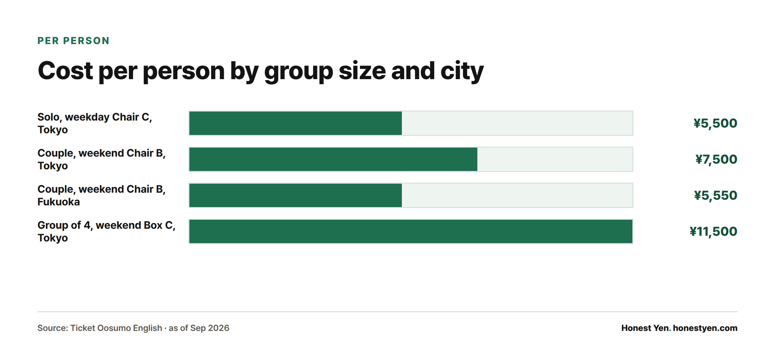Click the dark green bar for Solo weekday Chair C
295,123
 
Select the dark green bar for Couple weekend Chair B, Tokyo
333,159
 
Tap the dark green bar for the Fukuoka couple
295,195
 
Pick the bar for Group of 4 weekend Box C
411,231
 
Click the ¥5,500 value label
715,123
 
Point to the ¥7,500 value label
716,159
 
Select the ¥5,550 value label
716,195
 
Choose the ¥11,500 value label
713,231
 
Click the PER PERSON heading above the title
73,41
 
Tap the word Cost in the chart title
65,71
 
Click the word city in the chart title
462,71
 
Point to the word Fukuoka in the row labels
58,202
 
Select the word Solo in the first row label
49,118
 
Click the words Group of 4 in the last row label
64,225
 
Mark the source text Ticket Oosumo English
116,328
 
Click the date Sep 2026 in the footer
210,328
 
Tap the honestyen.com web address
705,328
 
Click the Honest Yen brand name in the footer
646,328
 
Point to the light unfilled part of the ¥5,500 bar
517,123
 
